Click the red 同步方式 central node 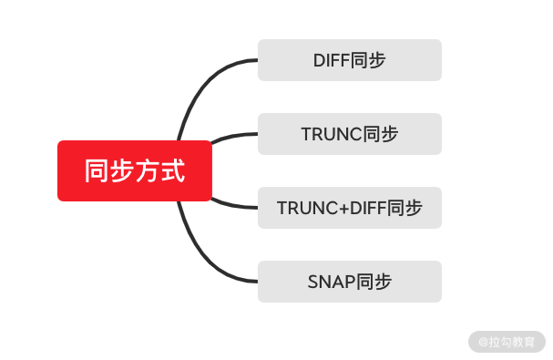(134, 170)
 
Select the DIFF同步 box (349, 60)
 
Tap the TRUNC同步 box (349, 134)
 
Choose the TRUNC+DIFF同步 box (349, 208)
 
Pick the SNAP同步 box (349, 282)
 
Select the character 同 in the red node (97, 170)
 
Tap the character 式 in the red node (172, 170)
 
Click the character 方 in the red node (147, 170)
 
